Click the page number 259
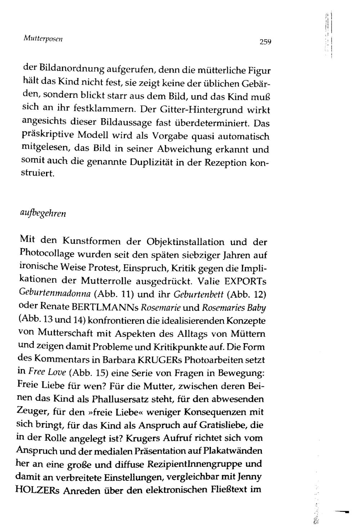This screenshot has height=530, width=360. coord(265,42)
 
